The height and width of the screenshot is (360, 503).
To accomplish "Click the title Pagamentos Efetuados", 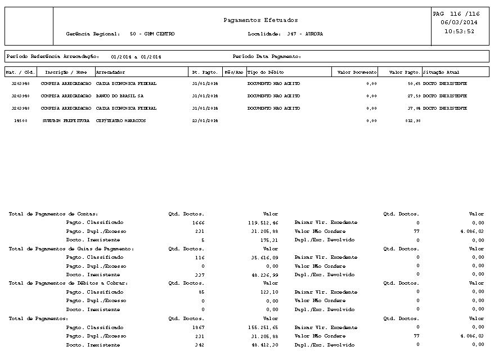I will [x=261, y=20].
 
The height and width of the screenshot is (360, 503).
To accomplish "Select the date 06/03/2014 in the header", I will [x=459, y=22].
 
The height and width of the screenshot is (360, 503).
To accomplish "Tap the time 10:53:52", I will [x=459, y=31].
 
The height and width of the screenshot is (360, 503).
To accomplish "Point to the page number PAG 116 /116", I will [x=456, y=13].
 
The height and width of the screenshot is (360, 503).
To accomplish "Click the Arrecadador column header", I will [x=111, y=72].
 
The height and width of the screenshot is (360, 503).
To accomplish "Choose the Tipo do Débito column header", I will [x=266, y=72].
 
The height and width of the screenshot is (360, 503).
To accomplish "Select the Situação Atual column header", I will [x=441, y=72].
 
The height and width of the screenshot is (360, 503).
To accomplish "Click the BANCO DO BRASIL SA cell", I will [x=119, y=96].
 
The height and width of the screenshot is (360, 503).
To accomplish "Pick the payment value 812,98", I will [x=412, y=120].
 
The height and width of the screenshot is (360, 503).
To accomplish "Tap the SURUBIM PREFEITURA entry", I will [x=66, y=120].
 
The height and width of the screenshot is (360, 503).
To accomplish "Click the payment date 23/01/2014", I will [x=205, y=120].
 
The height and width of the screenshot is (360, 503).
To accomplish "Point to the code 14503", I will [x=21, y=120].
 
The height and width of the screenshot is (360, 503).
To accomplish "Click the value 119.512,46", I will [x=263, y=222].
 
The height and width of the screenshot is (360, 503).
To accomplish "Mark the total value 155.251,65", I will [x=263, y=327].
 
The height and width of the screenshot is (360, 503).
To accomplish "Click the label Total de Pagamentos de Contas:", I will [x=53, y=214].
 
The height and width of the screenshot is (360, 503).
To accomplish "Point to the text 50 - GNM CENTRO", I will [x=152, y=34].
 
